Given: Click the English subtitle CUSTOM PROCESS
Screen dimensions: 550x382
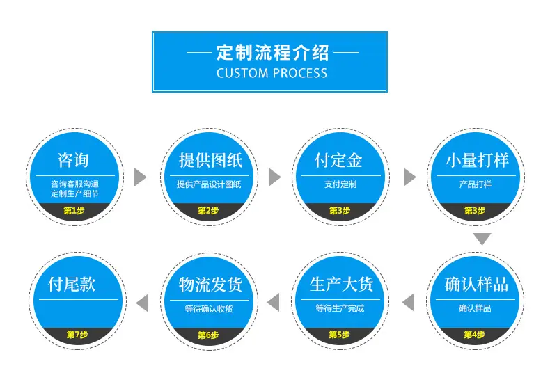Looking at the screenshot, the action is (x=272, y=73).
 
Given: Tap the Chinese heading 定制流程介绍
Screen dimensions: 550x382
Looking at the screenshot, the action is (x=272, y=52).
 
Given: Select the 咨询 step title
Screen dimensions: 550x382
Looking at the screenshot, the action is (x=73, y=160).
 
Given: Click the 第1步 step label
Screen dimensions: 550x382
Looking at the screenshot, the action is (x=74, y=211).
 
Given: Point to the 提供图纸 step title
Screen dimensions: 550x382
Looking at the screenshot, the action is (x=210, y=160).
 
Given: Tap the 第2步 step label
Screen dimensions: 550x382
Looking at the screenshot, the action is (x=208, y=211).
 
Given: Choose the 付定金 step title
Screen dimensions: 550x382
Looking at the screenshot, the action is (x=338, y=160).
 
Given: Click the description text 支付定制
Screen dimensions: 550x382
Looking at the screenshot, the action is (x=340, y=184).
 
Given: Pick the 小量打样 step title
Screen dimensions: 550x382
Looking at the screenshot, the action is (x=477, y=160).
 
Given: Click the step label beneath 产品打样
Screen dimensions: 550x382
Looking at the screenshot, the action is (x=475, y=211).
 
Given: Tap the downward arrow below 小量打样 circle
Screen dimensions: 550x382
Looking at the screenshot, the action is (x=482, y=239).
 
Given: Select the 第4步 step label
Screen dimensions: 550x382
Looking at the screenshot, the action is (x=474, y=335).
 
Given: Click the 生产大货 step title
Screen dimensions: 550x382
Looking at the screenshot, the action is (x=341, y=284).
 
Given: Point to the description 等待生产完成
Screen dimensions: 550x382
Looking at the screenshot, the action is (x=340, y=308).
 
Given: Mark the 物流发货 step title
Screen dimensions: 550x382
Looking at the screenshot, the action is (x=210, y=284).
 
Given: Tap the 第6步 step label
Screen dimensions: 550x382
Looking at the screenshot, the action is (x=208, y=335).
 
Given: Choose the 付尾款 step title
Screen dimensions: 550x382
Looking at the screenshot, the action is (x=72, y=284).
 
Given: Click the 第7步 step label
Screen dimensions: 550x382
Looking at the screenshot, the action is (x=77, y=335).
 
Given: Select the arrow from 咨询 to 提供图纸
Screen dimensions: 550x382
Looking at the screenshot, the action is (x=141, y=177).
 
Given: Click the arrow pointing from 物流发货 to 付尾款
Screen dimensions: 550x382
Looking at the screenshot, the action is (x=142, y=303).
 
